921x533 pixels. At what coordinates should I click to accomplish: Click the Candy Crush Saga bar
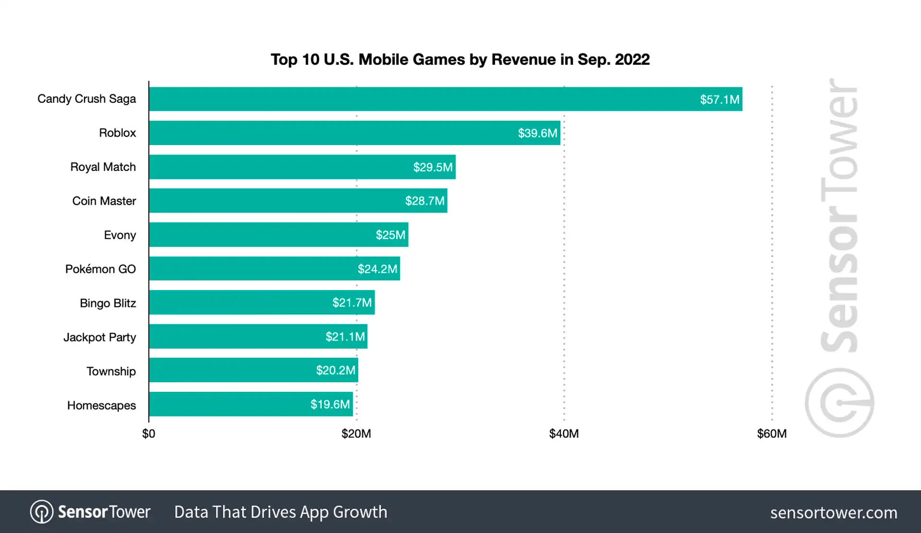(445, 99)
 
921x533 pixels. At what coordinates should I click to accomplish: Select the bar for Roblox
(354, 133)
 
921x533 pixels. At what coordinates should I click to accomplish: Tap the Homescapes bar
(251, 404)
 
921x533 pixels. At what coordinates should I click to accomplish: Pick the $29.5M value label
(433, 167)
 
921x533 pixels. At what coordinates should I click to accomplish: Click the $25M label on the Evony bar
(390, 235)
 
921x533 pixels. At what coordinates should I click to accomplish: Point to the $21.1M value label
(345, 337)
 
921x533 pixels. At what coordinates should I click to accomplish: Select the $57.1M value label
(719, 99)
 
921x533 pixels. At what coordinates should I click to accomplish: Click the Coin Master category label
(104, 201)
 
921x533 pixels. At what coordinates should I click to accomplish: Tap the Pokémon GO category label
(100, 269)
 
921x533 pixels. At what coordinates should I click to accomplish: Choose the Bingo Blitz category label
(108, 303)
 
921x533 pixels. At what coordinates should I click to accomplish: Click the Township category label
(111, 371)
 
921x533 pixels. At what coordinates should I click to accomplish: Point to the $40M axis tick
(564, 434)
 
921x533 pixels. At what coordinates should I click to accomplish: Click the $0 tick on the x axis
(149, 434)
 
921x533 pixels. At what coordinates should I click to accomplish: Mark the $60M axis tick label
(772, 434)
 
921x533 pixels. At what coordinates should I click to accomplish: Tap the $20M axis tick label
(356, 434)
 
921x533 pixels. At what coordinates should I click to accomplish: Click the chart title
(460, 60)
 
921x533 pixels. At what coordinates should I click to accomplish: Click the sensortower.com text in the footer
(834, 512)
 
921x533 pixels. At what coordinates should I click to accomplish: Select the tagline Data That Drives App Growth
(280, 512)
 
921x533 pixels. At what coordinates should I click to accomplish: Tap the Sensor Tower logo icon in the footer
(42, 512)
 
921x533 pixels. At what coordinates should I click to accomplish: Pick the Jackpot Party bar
(258, 337)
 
